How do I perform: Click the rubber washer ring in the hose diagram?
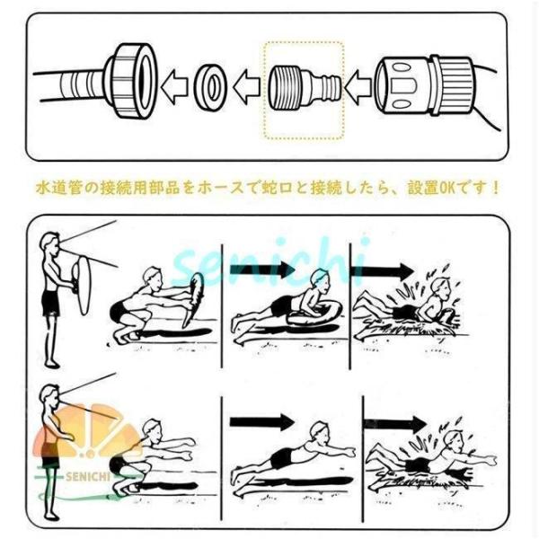[x=210, y=86]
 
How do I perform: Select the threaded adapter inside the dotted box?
[x=305, y=88]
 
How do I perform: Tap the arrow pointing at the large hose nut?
[x=174, y=87]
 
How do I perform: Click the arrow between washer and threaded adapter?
[x=246, y=87]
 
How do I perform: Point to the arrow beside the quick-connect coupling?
[x=358, y=87]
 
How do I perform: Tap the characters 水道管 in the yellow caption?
[x=58, y=188]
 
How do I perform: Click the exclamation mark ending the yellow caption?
[x=495, y=188]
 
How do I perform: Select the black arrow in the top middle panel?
[x=261, y=269]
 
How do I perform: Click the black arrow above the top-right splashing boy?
[x=382, y=271]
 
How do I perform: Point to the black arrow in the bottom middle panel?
[x=261, y=422]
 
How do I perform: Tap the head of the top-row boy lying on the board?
[x=320, y=278]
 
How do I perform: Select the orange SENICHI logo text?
[x=87, y=477]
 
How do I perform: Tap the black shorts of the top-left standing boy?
[x=51, y=304]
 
